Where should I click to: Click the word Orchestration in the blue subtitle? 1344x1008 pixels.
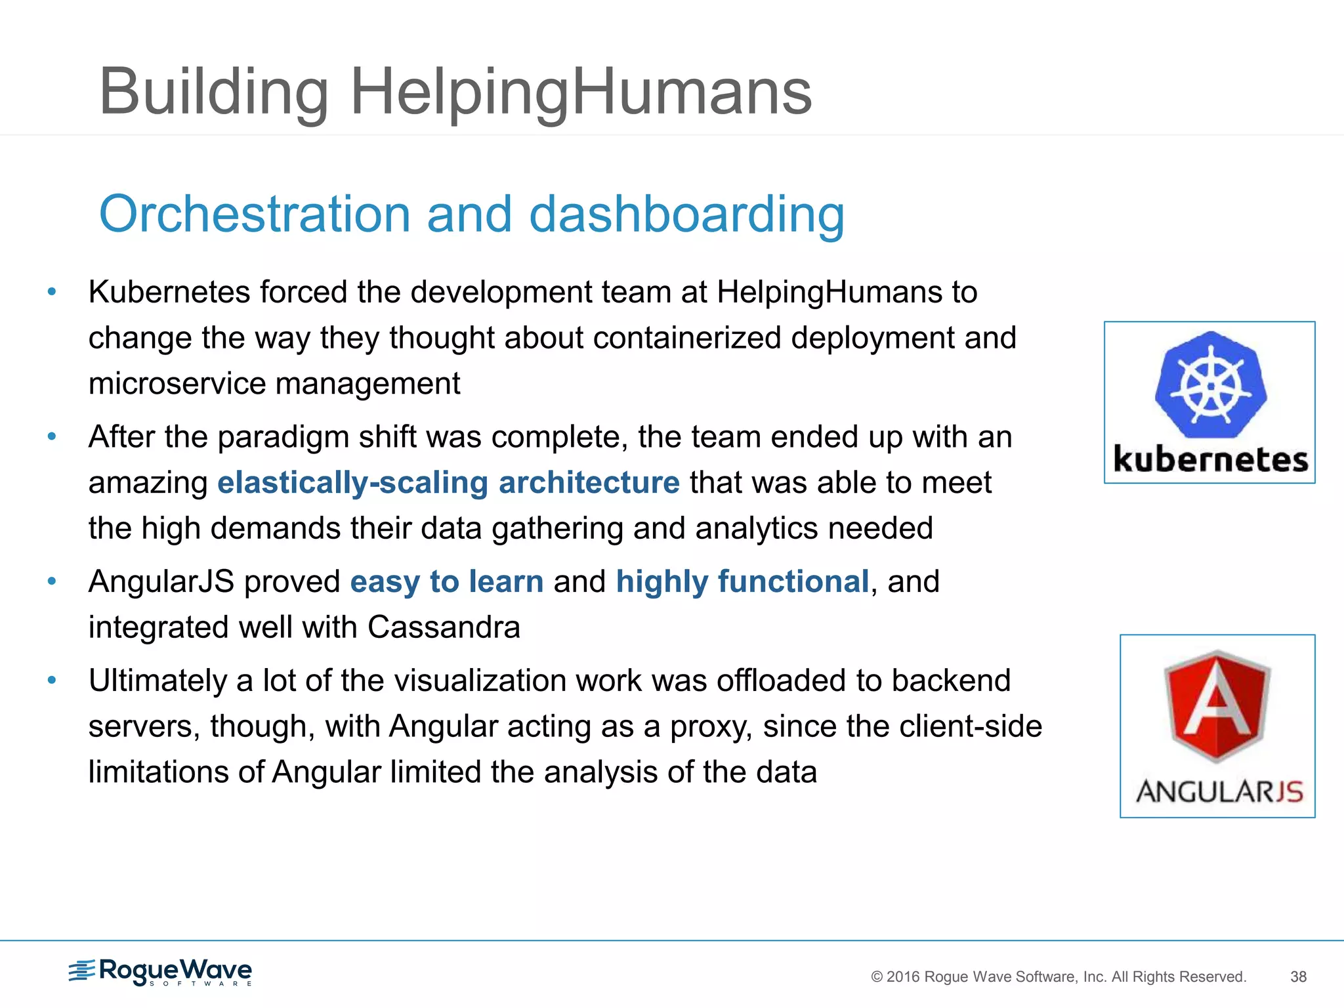click(x=255, y=214)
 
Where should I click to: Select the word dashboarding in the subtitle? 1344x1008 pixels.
click(x=686, y=214)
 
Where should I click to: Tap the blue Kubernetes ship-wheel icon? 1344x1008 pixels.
click(x=1211, y=385)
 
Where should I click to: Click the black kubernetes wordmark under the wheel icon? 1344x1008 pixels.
click(x=1211, y=459)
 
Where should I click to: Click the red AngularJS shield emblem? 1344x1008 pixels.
click(x=1217, y=705)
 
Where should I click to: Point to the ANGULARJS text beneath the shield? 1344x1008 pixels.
click(x=1219, y=791)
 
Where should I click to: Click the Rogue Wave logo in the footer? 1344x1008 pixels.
click(x=161, y=971)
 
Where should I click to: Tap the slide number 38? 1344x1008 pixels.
click(x=1298, y=976)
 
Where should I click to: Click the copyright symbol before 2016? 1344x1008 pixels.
click(x=877, y=977)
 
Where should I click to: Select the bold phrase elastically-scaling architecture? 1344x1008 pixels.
click(x=448, y=483)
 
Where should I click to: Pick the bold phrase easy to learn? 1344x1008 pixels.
click(x=446, y=582)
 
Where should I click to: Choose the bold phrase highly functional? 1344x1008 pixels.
click(x=742, y=582)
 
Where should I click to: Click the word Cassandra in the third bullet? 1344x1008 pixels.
click(x=444, y=627)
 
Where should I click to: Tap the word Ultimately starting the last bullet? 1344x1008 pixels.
click(x=157, y=681)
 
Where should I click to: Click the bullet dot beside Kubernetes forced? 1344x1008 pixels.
click(x=52, y=291)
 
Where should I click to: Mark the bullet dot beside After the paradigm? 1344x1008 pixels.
click(x=52, y=436)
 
